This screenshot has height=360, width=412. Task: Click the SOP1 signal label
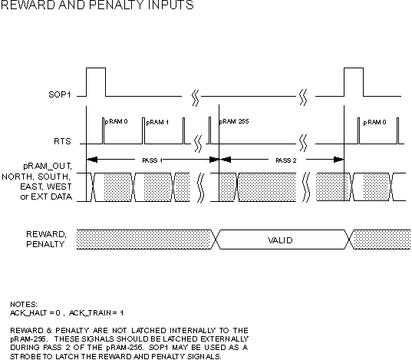[x=60, y=94]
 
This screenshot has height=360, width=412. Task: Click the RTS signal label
[x=62, y=141]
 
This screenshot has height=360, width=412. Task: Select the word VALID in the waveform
[x=280, y=240]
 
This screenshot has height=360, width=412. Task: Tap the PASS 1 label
[x=152, y=160]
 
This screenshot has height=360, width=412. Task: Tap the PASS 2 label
[x=286, y=160]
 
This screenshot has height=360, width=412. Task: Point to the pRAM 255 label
[x=234, y=121]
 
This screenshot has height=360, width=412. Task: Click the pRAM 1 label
[x=157, y=122]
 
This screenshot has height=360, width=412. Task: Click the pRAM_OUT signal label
[x=48, y=167]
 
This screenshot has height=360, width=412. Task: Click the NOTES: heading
[x=24, y=305]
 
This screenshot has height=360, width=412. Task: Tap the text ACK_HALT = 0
[x=35, y=313]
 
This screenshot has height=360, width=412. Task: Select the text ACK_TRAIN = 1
[x=96, y=313]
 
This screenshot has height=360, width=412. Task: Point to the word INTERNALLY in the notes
[x=192, y=330]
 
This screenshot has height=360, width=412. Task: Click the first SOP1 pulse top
[x=96, y=68]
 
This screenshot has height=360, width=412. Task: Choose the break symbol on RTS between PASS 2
[x=303, y=144]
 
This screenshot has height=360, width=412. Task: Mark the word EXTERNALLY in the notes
[x=224, y=339]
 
